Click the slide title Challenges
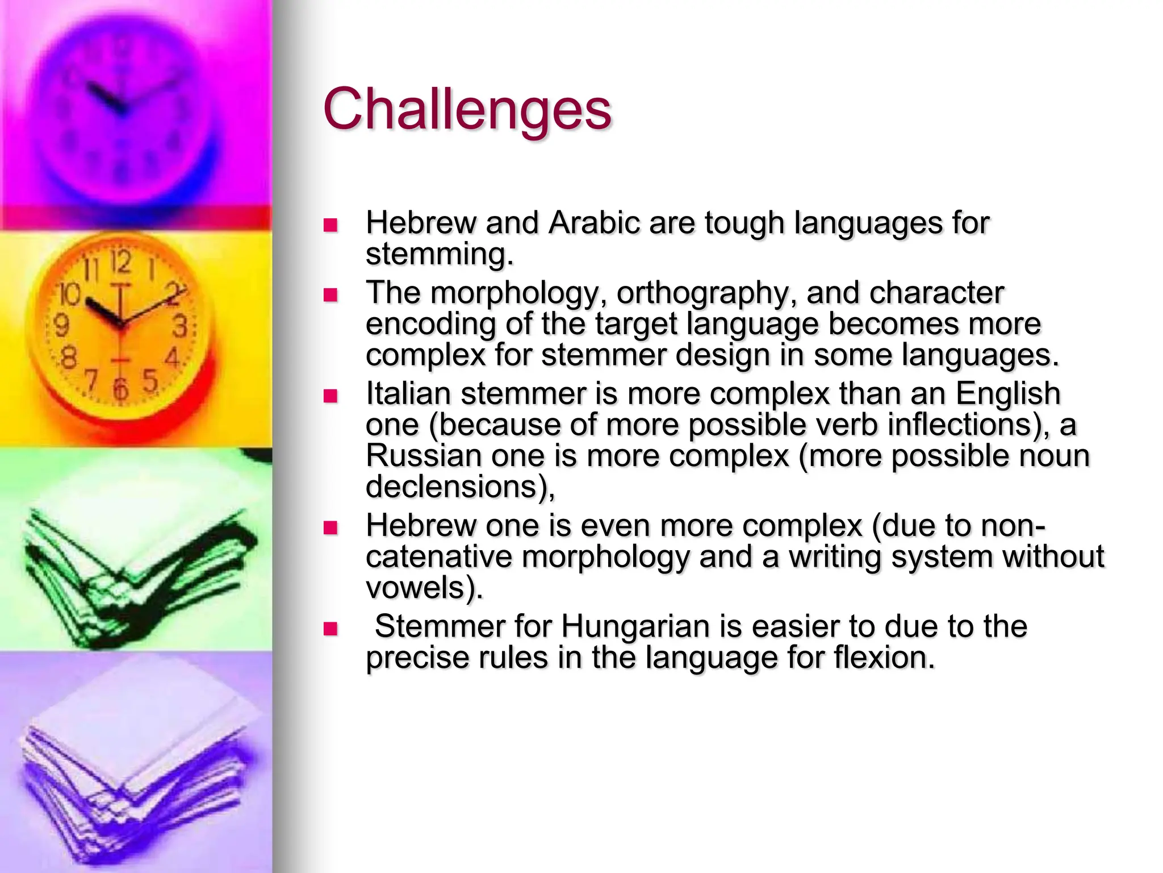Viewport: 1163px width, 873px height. [467, 109]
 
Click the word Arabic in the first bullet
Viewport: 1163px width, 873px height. [594, 223]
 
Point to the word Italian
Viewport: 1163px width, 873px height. [408, 394]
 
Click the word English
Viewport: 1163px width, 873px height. [1007, 394]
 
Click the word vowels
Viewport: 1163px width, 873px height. [424, 588]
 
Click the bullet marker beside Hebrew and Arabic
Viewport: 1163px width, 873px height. [330, 225]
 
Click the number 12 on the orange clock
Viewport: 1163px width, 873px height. [120, 262]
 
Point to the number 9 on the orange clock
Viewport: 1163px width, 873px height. [61, 326]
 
